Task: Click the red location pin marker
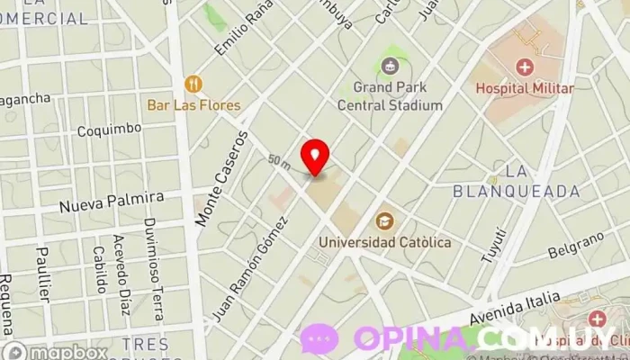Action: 315,156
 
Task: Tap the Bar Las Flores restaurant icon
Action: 193,84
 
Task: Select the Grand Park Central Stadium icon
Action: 390,65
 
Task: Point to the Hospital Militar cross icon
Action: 524,67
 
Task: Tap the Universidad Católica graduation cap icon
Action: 385,220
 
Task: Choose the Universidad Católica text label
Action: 385,242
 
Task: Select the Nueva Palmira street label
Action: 112,201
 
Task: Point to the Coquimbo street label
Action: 109,129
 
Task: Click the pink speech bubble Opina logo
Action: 319,338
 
